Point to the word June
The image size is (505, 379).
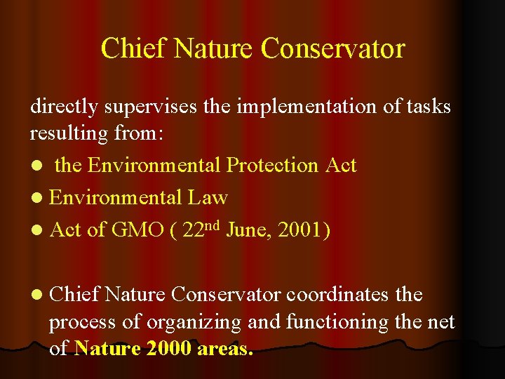coord(250,230)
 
